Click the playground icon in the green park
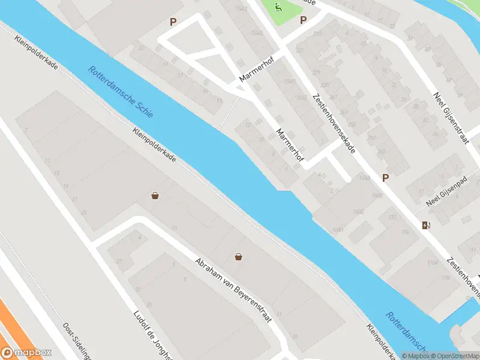pos(278,7)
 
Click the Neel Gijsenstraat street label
pos(450,118)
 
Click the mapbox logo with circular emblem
pos(26,353)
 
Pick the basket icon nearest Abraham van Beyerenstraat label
pos(239,257)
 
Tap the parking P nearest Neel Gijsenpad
pos(386,178)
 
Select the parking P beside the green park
pos(304,20)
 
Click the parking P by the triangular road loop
pos(173,22)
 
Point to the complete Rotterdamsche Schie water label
pos(120,91)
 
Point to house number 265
pos(382,151)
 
